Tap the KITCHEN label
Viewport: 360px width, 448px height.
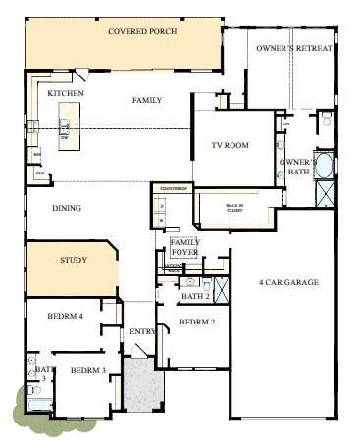[66, 93]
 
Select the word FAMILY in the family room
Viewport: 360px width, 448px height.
[147, 100]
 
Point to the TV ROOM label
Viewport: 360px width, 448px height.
[231, 146]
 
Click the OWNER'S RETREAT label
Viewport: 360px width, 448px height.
[294, 48]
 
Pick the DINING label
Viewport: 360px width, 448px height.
[66, 208]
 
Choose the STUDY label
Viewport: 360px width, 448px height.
[74, 260]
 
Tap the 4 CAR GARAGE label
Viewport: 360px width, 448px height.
[288, 282]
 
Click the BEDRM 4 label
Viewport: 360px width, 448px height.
[66, 316]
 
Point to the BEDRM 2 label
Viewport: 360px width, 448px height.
[196, 322]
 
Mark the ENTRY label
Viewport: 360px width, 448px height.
[142, 331]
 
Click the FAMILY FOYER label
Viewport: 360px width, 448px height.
[184, 246]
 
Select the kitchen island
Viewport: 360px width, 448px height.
[64, 127]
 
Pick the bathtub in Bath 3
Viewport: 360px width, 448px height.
[40, 402]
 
